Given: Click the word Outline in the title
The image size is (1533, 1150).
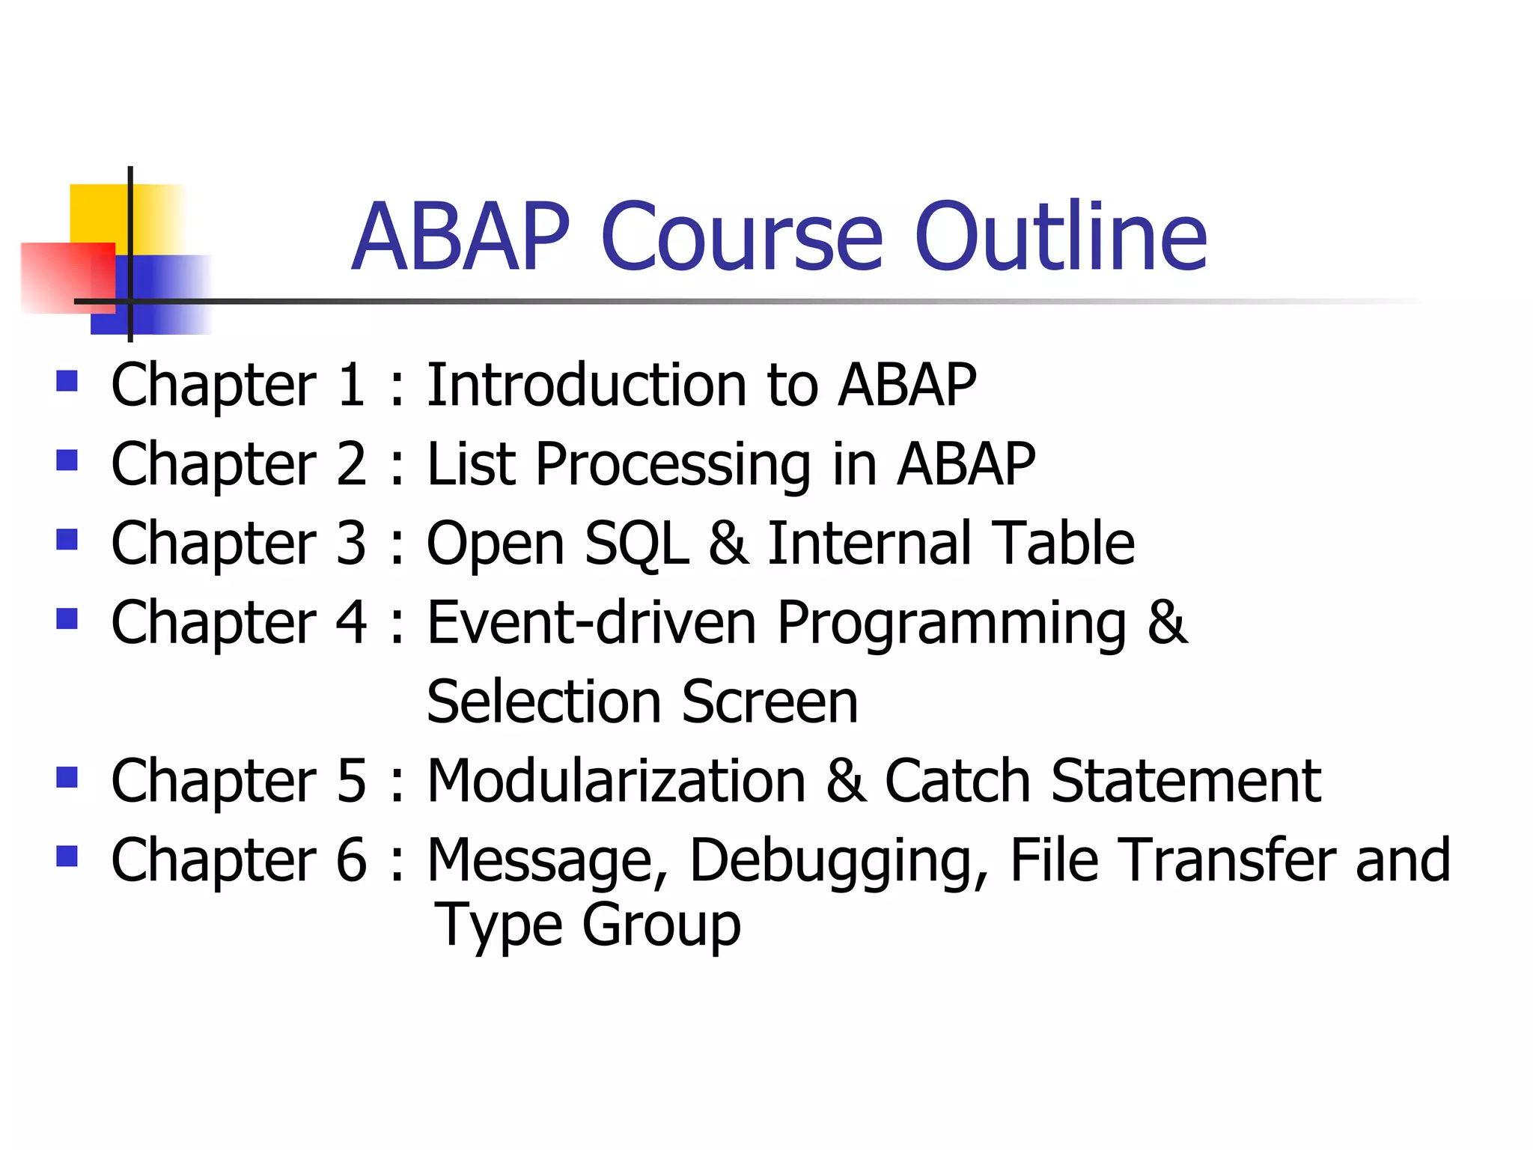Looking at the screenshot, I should tap(1060, 237).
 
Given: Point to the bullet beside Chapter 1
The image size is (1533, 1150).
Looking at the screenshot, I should tap(67, 382).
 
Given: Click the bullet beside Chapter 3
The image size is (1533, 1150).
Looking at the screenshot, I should tap(67, 539).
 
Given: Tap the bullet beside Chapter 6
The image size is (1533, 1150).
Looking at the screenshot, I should tap(67, 855).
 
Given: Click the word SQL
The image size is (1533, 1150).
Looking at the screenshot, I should tap(636, 544).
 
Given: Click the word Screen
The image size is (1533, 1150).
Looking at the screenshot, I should tap(769, 702).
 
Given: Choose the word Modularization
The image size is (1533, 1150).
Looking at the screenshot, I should tap(616, 781).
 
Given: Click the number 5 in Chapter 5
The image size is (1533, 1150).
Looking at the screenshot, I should tap(351, 781).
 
